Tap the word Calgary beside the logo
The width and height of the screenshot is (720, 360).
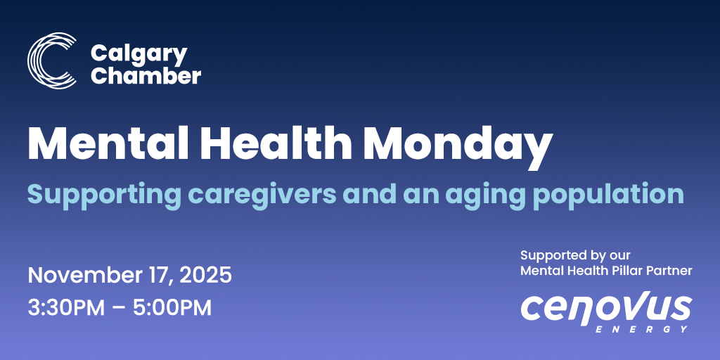[139, 53]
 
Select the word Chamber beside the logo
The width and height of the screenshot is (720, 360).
[146, 75]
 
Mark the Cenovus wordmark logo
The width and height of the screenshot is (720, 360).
[605, 309]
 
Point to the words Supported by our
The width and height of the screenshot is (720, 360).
[575, 255]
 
